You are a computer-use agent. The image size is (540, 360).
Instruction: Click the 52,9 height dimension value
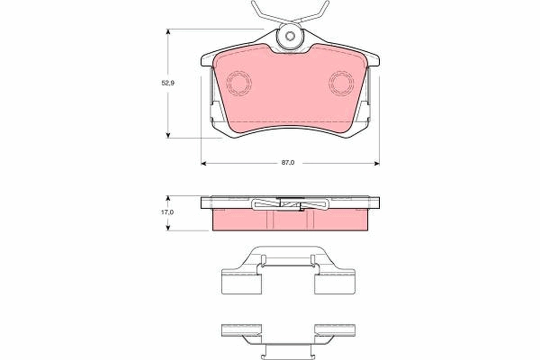[168, 83]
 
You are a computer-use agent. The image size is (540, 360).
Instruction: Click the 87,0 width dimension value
[288, 163]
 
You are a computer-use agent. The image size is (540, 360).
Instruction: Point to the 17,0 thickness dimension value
[168, 212]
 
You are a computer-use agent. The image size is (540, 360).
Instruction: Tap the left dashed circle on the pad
[239, 83]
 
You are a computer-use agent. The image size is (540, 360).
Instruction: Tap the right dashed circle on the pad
[341, 83]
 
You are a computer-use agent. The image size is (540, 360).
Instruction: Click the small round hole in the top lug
[290, 36]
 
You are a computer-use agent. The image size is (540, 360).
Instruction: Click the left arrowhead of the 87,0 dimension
[203, 163]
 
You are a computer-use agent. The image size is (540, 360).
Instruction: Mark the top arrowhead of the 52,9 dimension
[168, 32]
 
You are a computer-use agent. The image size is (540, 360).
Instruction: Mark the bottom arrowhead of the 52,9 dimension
[168, 135]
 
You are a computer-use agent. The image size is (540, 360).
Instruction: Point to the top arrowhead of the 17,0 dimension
[168, 198]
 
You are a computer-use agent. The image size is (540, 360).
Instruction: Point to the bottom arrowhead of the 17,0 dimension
[168, 228]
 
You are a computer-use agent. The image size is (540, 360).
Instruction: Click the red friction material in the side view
[288, 220]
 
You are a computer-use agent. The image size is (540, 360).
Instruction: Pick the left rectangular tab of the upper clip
[241, 284]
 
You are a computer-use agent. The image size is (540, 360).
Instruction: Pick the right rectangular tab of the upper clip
[335, 284]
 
